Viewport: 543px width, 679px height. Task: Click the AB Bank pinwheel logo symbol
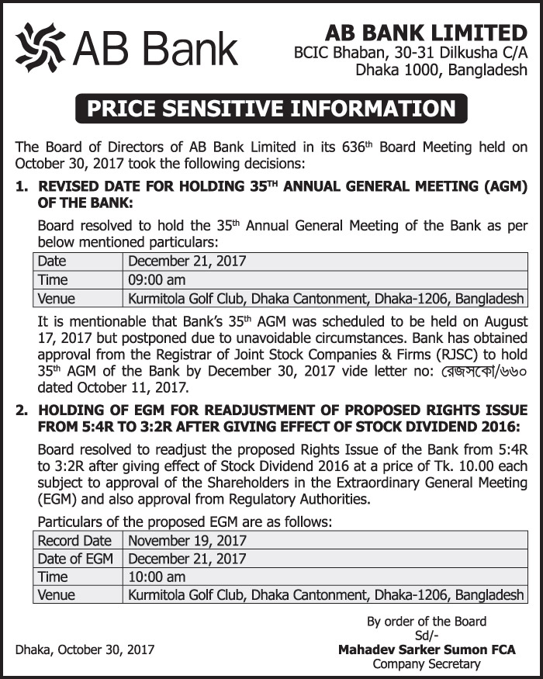click(40, 47)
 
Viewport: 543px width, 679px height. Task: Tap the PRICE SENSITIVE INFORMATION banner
click(271, 108)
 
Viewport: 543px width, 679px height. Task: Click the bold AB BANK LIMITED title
click(426, 33)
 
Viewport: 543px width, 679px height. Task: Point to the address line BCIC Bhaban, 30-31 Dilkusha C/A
click(410, 53)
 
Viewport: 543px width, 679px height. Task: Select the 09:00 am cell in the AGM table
click(157, 280)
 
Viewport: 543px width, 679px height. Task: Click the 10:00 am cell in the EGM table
click(157, 577)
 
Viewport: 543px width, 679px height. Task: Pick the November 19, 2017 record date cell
click(187, 540)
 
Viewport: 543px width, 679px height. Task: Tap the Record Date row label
click(74, 540)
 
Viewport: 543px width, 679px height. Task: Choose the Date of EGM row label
click(75, 559)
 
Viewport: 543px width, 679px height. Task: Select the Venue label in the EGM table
click(56, 595)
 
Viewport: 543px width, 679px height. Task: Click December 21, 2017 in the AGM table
click(187, 262)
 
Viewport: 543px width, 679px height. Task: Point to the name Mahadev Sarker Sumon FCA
click(427, 650)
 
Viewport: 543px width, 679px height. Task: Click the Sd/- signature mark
click(427, 636)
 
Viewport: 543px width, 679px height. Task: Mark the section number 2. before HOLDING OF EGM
click(22, 409)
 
